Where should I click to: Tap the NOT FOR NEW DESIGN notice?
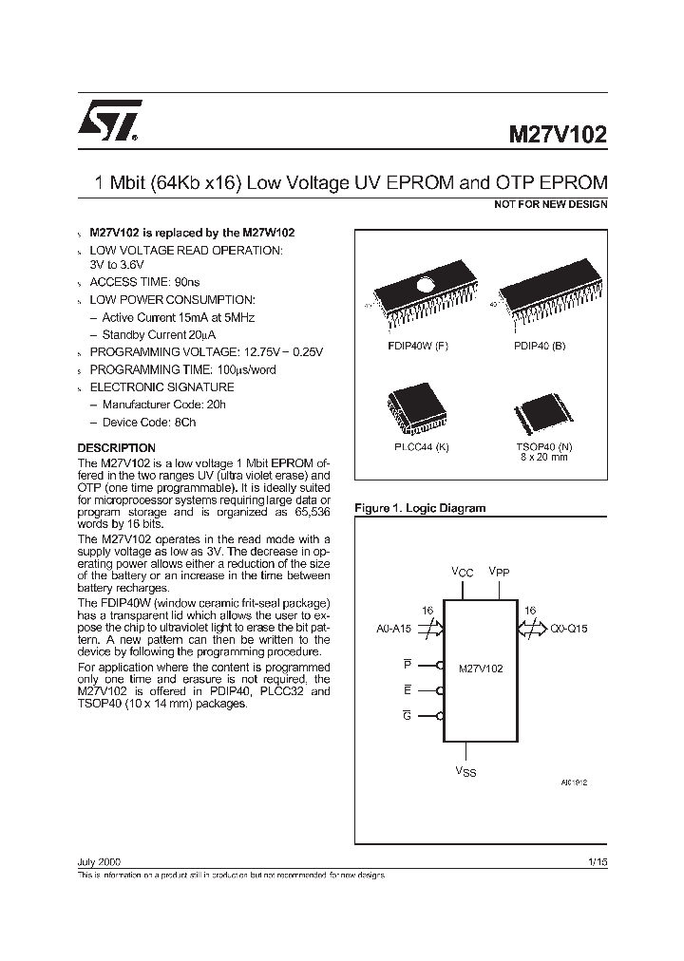point(551,204)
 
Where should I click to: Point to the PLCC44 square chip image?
point(410,411)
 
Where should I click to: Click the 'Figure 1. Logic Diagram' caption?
point(419,508)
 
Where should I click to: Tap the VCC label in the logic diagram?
point(462,572)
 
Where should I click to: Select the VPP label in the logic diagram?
point(500,572)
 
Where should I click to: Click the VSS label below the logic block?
point(465,771)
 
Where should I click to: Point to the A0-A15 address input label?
point(394,628)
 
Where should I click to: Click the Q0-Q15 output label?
point(567,628)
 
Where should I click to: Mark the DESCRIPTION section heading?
point(116,447)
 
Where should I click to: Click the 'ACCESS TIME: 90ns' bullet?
point(144,282)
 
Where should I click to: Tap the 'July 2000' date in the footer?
point(98,860)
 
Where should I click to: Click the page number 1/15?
point(598,860)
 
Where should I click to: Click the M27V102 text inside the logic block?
point(481,669)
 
